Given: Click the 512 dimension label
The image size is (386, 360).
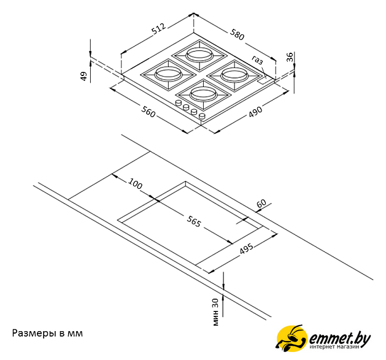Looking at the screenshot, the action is click(158, 29).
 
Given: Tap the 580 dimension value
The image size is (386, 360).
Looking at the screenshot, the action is click(237, 34).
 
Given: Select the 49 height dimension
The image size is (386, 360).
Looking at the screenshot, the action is click(83, 76).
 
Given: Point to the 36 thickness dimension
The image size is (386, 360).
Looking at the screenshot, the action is click(290, 57).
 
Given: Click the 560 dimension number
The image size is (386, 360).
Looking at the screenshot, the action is click(148, 111).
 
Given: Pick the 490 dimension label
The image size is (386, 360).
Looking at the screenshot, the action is click(255, 112).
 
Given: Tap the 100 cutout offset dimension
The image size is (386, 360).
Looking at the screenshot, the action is click(135, 183).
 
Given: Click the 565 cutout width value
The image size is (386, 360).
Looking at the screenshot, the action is click(194, 221).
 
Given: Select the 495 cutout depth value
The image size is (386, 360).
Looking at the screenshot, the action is click(247, 249).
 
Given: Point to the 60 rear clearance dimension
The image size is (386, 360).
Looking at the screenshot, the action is click(261, 203).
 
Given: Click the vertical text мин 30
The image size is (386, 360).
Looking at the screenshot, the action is click(215, 312).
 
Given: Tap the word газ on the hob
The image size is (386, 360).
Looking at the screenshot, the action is click(257, 59).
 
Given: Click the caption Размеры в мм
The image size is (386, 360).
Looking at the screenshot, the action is click(47, 333).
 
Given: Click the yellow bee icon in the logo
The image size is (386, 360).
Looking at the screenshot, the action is click(292, 337).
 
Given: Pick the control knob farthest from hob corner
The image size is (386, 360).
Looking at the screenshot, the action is click(178, 103).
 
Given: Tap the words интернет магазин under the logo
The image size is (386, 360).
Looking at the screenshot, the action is click(335, 347).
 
